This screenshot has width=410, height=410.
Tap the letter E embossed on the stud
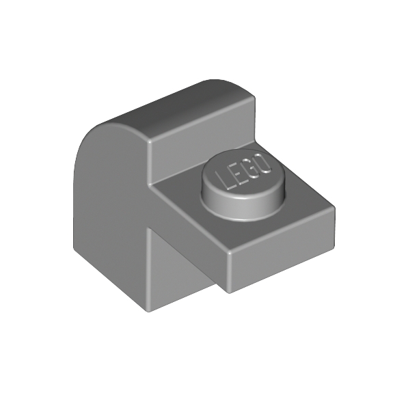pos(236,174)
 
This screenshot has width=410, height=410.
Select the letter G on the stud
pos(251,168)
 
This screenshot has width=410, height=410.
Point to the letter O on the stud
pos(264,164)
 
